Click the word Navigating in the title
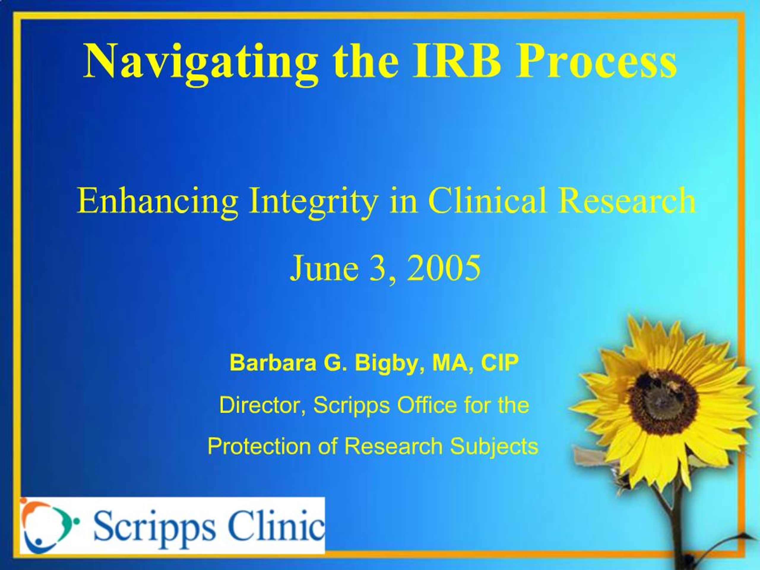coord(200,62)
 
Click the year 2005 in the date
coord(443,268)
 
